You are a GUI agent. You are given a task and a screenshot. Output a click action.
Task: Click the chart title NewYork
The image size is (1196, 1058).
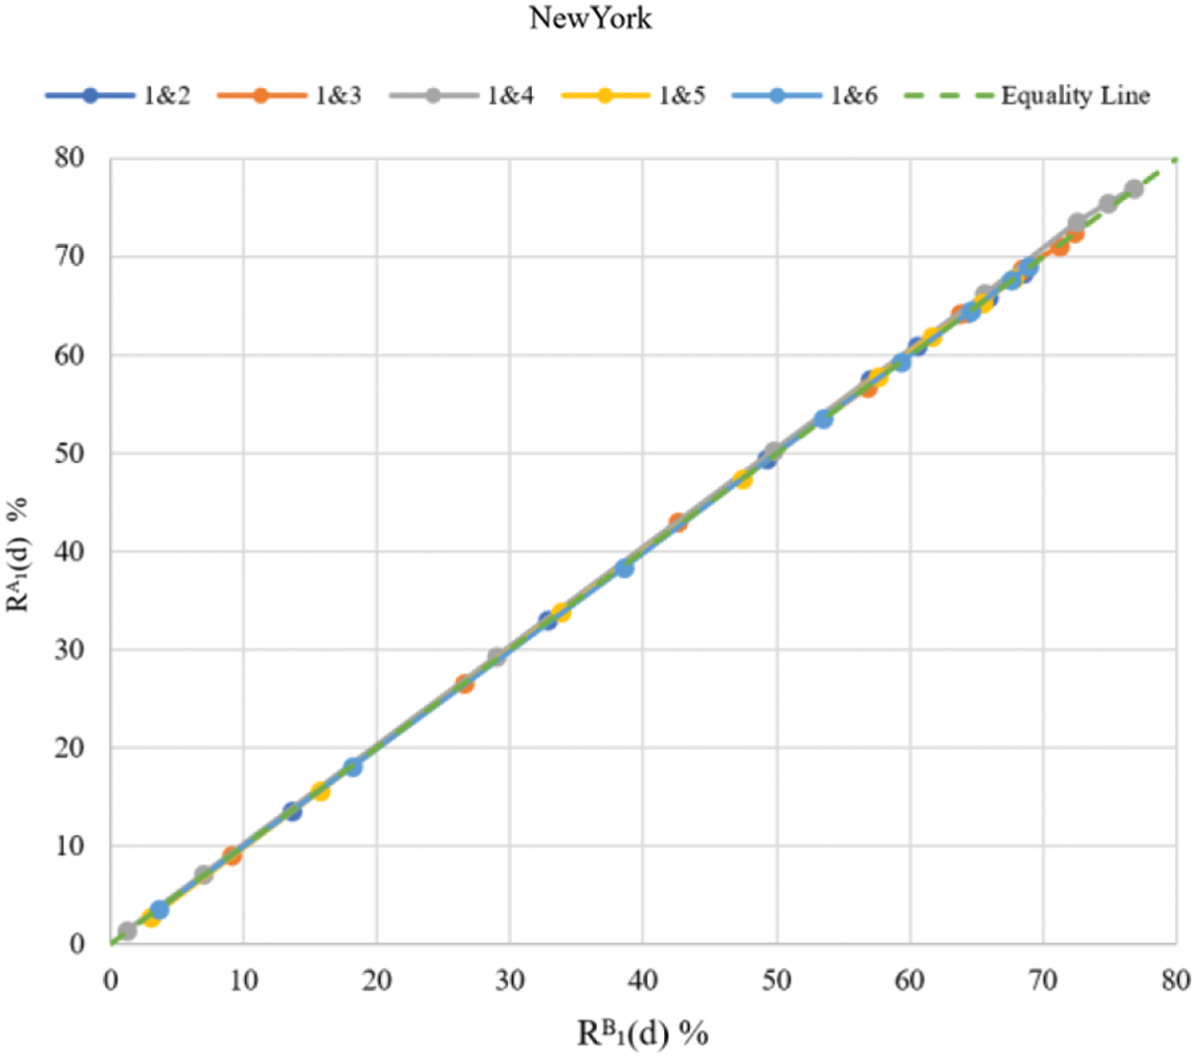click(x=590, y=18)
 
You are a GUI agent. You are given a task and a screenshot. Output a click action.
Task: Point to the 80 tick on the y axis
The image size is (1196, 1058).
click(x=69, y=158)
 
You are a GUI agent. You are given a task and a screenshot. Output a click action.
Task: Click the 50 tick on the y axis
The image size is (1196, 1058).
click(x=69, y=453)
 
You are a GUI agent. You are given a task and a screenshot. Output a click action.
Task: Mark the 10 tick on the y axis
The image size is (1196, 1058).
click(x=69, y=846)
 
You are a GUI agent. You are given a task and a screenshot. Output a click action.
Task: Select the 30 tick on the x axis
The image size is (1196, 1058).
click(x=510, y=980)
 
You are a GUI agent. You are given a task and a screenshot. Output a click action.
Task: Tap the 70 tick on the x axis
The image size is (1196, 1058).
click(x=1043, y=980)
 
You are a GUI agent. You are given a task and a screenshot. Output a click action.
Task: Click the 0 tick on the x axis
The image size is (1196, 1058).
click(x=111, y=980)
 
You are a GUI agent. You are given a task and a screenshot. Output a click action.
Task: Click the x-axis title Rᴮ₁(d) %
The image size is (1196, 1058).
click(x=642, y=1033)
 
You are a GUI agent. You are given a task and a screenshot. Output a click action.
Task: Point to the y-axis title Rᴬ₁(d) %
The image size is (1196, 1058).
click(x=19, y=555)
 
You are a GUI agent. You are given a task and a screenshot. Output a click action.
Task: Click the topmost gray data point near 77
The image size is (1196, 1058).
click(x=1134, y=189)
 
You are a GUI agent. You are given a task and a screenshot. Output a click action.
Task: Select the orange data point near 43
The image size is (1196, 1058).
click(x=677, y=523)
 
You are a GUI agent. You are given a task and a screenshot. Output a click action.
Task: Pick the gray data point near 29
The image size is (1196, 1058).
click(x=497, y=657)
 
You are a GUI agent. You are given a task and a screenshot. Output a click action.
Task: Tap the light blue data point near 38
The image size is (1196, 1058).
click(x=625, y=568)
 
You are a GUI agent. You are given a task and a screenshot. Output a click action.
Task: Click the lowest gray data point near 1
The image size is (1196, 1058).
click(x=127, y=931)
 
